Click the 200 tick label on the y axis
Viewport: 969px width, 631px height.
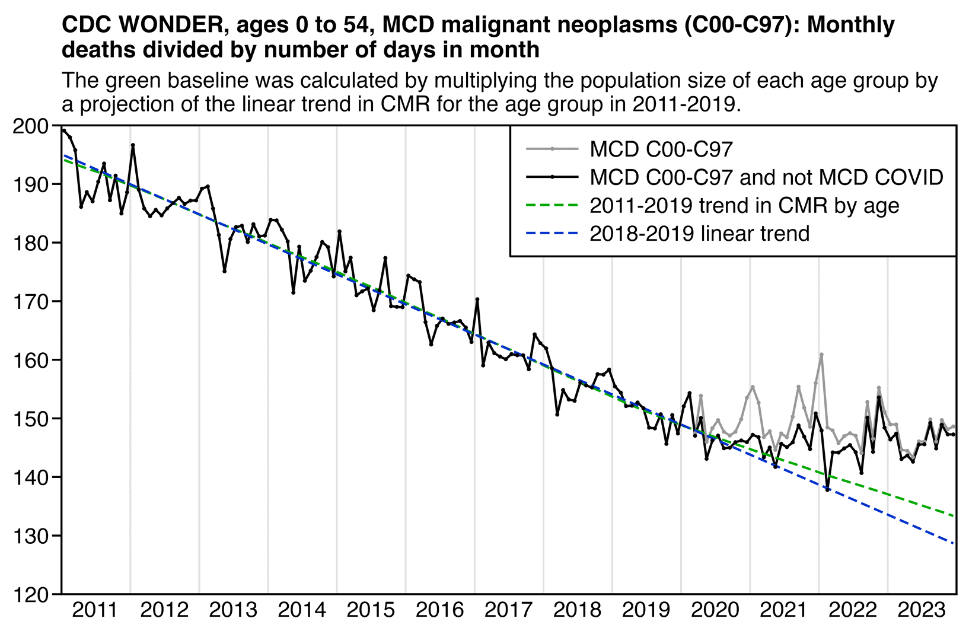33,126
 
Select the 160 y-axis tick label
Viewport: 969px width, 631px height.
33,361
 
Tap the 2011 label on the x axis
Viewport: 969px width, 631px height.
96,610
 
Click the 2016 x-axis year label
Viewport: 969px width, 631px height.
440,610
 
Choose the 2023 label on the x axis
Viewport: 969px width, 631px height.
922,610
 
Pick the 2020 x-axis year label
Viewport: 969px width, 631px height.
715,610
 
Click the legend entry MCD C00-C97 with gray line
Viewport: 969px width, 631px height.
661,149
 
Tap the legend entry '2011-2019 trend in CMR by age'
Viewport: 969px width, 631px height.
744,205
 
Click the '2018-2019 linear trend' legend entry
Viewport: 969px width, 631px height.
699,233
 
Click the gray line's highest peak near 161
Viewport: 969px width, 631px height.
821,355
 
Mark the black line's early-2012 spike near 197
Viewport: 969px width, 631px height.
133,145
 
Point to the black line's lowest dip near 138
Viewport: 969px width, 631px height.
828,489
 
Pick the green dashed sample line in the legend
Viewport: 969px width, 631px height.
552,205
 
